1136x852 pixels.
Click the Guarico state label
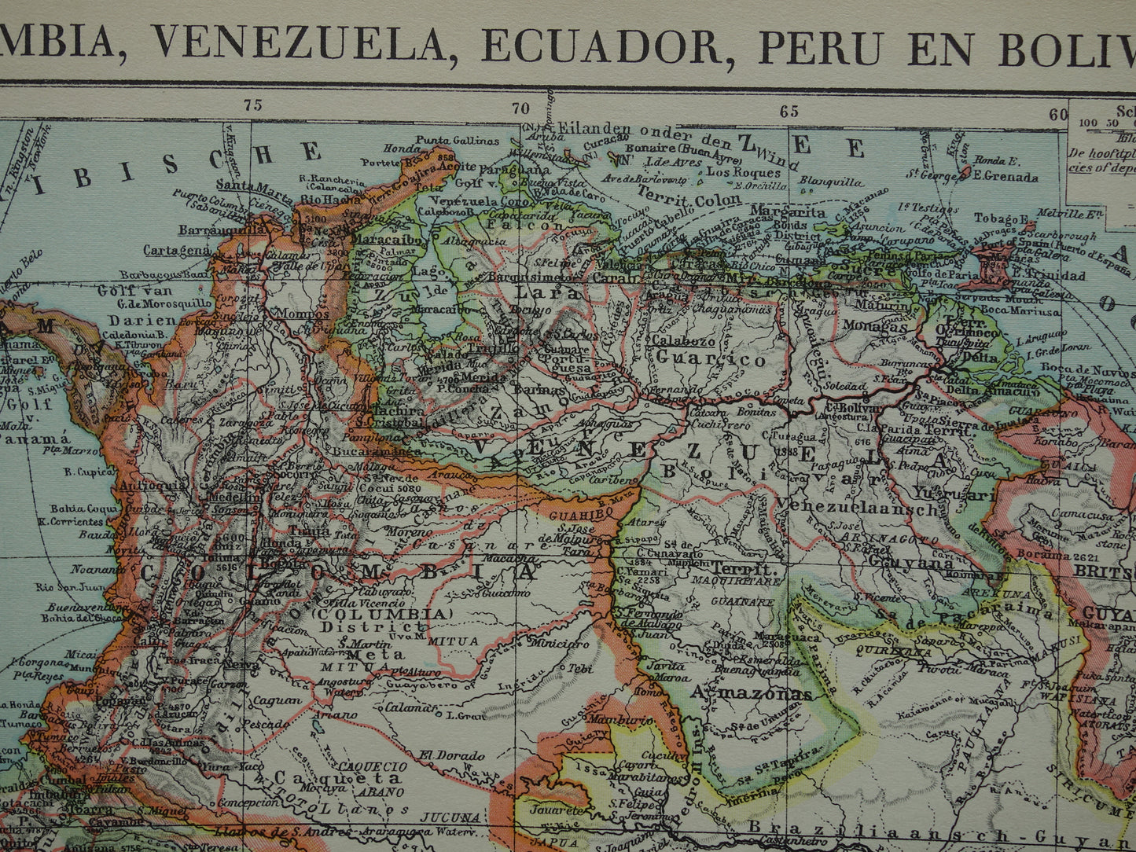click(711, 361)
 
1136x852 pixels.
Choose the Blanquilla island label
click(825, 180)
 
